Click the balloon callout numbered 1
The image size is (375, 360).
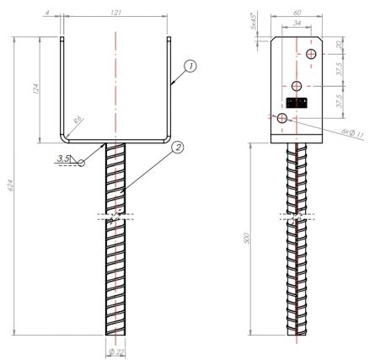click(191, 65)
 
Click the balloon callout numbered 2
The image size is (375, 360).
click(176, 148)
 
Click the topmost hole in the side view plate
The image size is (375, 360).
click(312, 55)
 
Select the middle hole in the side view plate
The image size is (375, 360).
click(297, 86)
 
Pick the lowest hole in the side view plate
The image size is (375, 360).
click(282, 116)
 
